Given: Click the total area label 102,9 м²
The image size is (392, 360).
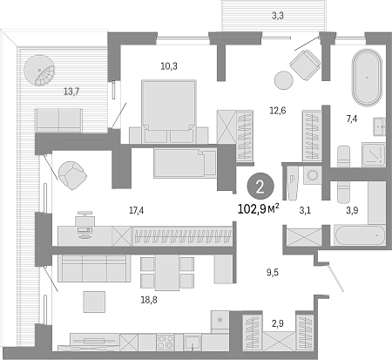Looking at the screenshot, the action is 259,208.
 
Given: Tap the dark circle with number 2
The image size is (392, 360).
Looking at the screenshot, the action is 260,187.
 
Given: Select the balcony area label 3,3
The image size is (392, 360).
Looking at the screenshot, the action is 278,16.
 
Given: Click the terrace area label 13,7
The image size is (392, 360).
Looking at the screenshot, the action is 71,92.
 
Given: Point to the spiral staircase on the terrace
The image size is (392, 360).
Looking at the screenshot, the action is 39,71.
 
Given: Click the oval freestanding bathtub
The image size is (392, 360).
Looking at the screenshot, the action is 367,78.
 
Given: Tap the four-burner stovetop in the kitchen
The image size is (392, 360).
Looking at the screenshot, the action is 166,342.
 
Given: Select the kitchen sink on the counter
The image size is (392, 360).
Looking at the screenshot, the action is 193,342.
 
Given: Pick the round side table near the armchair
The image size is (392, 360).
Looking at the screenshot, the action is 284,80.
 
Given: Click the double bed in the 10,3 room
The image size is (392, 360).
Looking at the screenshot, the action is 168,112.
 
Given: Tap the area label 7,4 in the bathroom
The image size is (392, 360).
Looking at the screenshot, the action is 352,119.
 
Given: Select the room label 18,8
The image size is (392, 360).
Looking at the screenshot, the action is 149,300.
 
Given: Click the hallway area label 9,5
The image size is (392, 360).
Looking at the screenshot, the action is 273,272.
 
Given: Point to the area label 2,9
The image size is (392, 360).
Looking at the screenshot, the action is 278,323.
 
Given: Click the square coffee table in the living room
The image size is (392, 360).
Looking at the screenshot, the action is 94,302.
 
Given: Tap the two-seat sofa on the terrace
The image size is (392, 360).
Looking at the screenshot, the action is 58,120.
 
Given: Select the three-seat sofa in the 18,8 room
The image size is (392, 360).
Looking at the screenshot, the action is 94,268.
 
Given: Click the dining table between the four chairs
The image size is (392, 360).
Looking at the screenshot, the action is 167,273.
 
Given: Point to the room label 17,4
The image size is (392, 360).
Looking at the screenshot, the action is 136,210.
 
